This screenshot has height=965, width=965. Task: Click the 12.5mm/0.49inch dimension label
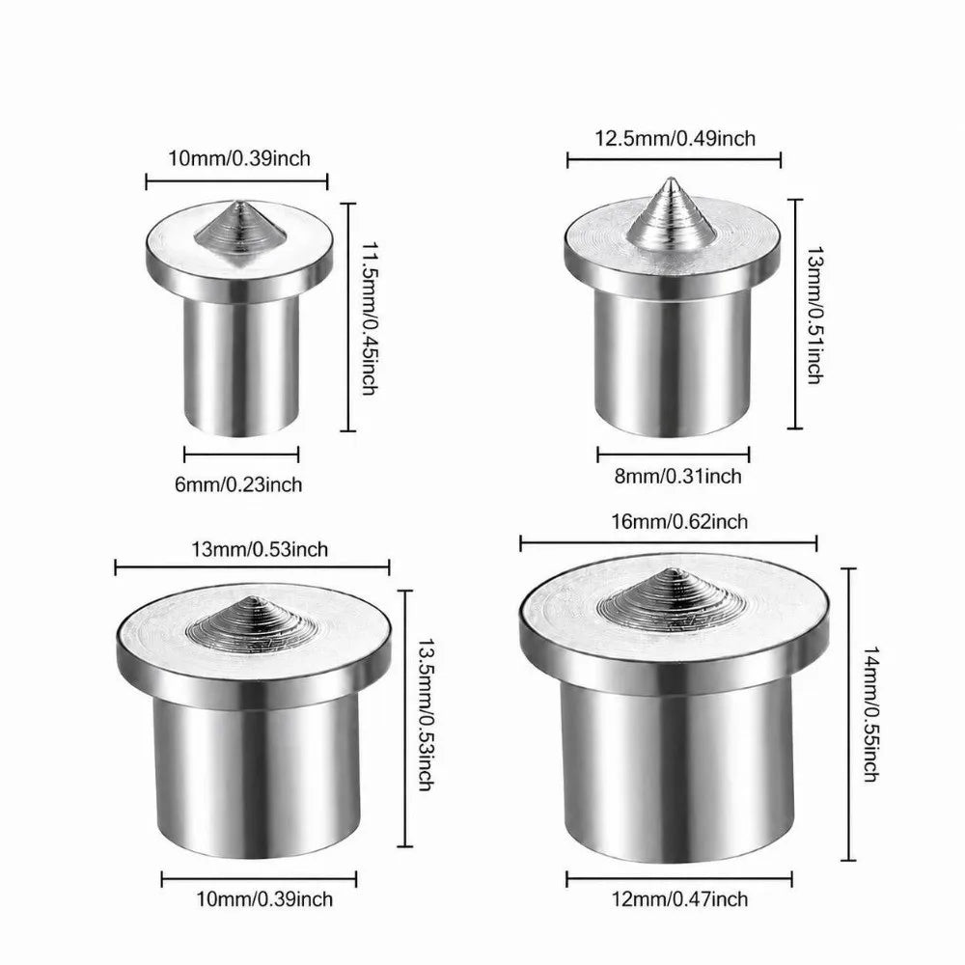[x=675, y=138]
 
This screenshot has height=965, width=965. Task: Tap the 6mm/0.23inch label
[x=238, y=485]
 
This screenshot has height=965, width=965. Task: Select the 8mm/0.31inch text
[x=677, y=476]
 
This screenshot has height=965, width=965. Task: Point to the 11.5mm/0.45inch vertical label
[x=370, y=318]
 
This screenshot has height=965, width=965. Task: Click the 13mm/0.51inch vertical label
[x=814, y=316]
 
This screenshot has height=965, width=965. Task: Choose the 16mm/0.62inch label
[x=679, y=522]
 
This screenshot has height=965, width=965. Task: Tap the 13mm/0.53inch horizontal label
[x=260, y=549]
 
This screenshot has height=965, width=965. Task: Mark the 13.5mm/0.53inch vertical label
[x=426, y=714]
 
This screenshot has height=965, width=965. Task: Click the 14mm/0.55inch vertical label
[x=870, y=714]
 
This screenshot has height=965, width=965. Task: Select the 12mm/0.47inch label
[x=679, y=899]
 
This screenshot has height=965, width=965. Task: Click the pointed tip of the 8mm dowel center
[x=671, y=179]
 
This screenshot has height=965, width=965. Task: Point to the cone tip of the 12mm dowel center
[x=673, y=568]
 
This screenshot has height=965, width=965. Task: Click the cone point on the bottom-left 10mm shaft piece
[x=252, y=597]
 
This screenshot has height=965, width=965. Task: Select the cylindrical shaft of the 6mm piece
[x=241, y=366]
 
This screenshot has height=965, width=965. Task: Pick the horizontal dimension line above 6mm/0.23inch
[x=241, y=455]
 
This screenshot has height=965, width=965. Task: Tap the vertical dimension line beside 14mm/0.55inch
[x=848, y=714]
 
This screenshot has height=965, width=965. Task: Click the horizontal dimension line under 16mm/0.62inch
[x=669, y=543]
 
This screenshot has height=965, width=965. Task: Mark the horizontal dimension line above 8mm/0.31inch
[x=674, y=455]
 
